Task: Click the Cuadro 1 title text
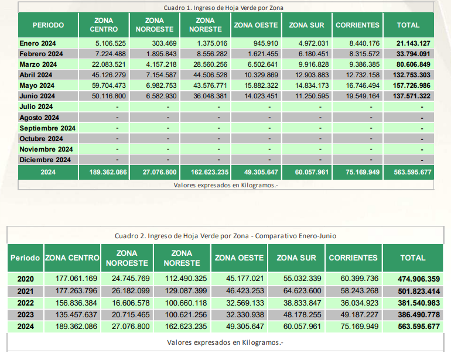click(x=224, y=8)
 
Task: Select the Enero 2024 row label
click(x=37, y=43)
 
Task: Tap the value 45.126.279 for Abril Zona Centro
click(x=109, y=75)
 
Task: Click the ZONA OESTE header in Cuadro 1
click(x=256, y=25)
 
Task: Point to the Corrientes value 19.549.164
click(x=363, y=96)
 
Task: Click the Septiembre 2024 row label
click(x=47, y=128)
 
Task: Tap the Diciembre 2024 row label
click(x=45, y=160)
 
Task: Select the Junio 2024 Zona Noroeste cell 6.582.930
click(x=161, y=96)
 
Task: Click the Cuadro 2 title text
click(x=225, y=236)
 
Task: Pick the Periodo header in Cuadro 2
click(x=25, y=258)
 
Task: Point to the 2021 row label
click(x=26, y=292)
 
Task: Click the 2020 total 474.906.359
click(x=419, y=279)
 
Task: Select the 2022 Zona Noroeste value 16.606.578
click(x=131, y=303)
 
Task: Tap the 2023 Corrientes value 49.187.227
click(x=360, y=315)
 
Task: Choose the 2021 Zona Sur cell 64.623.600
click(x=302, y=291)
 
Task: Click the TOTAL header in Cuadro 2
click(x=413, y=258)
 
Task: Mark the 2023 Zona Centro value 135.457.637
click(x=76, y=315)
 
